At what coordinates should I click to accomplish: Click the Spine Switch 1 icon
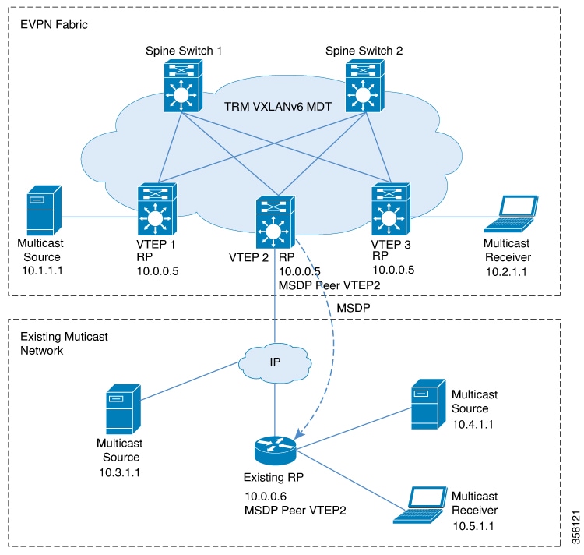pyautogui.click(x=183, y=86)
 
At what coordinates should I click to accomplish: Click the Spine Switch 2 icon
pyautogui.click(x=364, y=86)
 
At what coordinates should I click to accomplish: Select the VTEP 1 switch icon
pyautogui.click(x=157, y=209)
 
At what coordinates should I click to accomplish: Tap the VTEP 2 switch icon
pyautogui.click(x=275, y=222)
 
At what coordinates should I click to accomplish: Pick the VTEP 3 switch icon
pyautogui.click(x=391, y=209)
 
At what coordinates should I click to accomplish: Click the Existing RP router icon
pyautogui.click(x=275, y=451)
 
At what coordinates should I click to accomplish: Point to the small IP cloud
pyautogui.click(x=275, y=362)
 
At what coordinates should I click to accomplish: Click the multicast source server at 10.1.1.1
pyautogui.click(x=44, y=210)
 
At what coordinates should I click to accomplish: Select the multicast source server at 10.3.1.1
pyautogui.click(x=123, y=409)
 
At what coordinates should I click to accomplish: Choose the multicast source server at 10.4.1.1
pyautogui.click(x=428, y=404)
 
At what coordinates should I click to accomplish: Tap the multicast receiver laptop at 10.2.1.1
pyautogui.click(x=511, y=214)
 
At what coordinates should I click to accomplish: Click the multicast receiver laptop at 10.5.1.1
pyautogui.click(x=420, y=505)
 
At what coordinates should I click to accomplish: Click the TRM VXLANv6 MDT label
pyautogui.click(x=278, y=107)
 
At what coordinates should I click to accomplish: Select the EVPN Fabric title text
pyautogui.click(x=54, y=25)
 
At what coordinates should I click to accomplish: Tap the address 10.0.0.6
pyautogui.click(x=266, y=496)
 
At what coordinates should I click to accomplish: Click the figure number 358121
pyautogui.click(x=575, y=527)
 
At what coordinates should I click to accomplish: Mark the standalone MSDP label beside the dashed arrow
pyautogui.click(x=354, y=308)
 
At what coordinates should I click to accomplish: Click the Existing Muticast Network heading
pyautogui.click(x=64, y=343)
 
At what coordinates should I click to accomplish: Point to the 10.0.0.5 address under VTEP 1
pyautogui.click(x=157, y=271)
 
